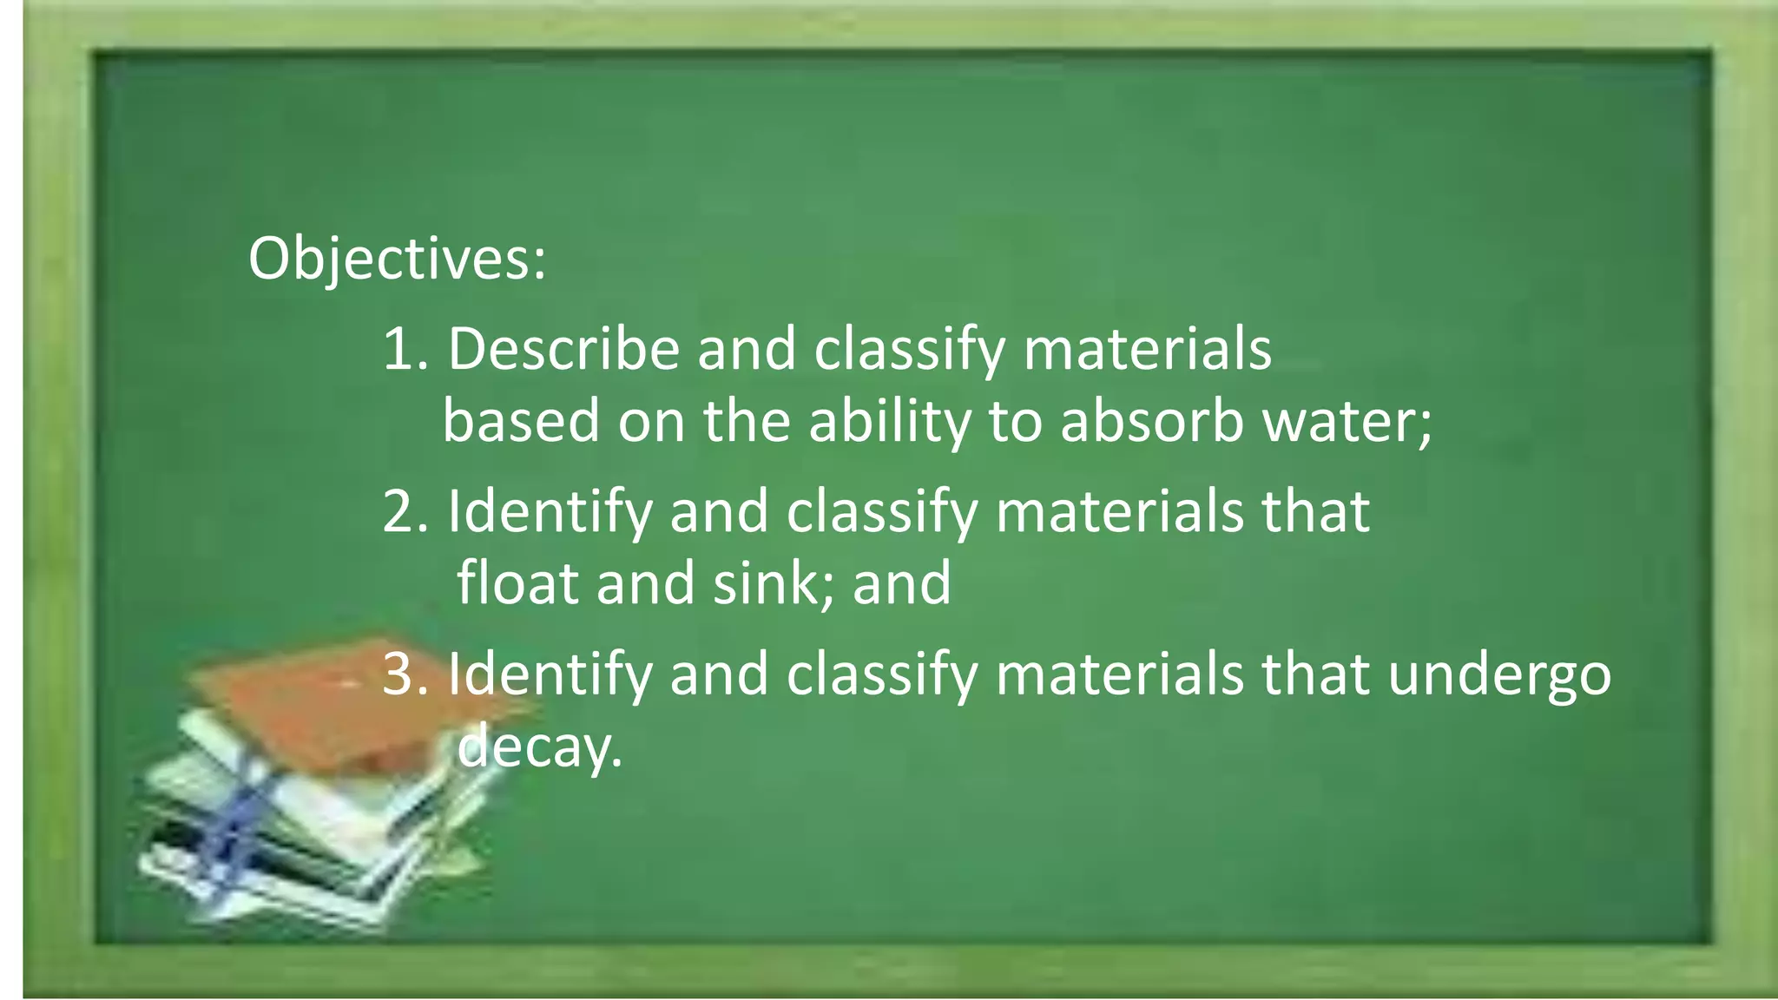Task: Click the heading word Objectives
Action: (x=396, y=259)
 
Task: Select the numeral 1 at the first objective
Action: (x=398, y=349)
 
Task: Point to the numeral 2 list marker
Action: (x=399, y=511)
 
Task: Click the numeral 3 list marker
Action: (x=399, y=674)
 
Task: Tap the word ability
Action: (x=889, y=422)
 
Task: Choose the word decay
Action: (x=538, y=746)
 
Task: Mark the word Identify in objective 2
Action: (x=550, y=511)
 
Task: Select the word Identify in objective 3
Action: (x=550, y=674)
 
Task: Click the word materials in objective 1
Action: (x=1148, y=349)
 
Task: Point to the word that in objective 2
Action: (x=1315, y=511)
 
